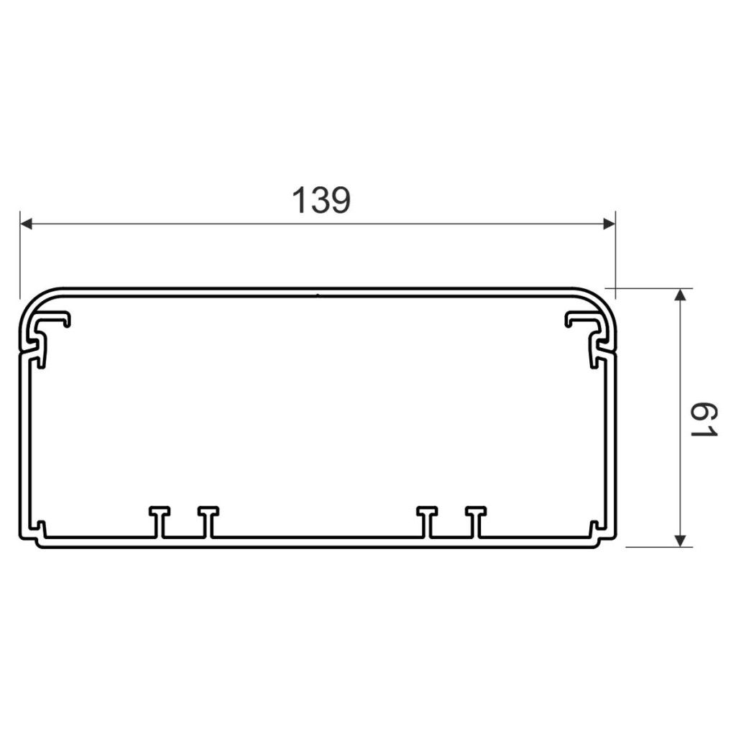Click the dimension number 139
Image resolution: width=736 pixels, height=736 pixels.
pos(321,201)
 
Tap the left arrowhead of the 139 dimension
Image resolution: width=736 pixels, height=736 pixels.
pos(26,224)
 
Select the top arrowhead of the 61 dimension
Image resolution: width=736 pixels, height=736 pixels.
pos(680,294)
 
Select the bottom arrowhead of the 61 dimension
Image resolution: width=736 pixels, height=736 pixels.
pos(680,541)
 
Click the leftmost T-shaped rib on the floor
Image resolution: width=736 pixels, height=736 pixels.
pos(159,521)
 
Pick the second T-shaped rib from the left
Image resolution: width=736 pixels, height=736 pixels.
pos(208,521)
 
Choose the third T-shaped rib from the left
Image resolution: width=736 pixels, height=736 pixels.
pos(427,521)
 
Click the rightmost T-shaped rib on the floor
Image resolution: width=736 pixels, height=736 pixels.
pos(476,521)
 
